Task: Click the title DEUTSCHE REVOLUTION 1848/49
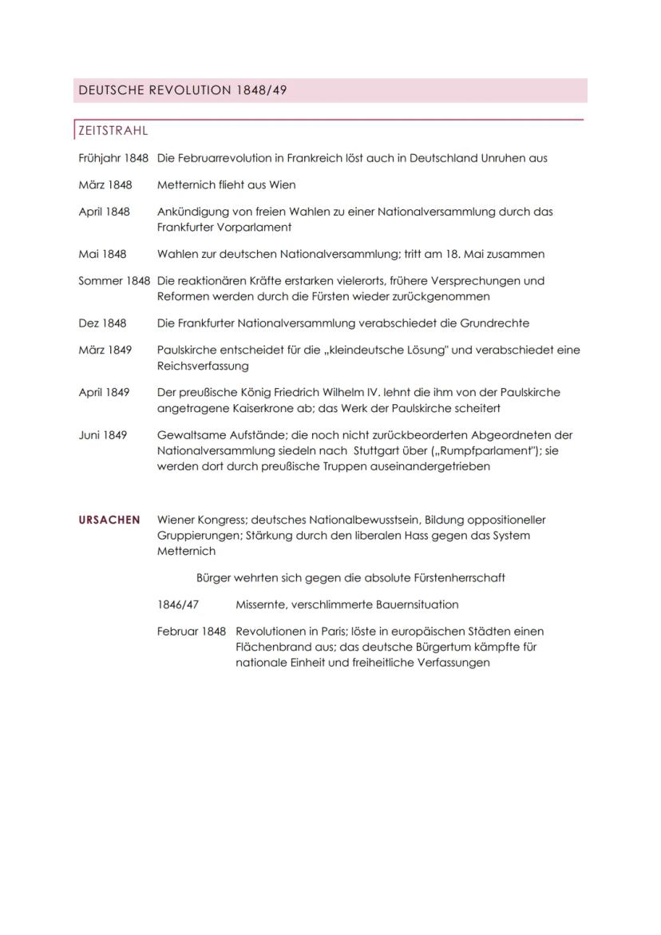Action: (182, 91)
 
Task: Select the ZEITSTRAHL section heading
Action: (113, 130)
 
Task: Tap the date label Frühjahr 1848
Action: (113, 158)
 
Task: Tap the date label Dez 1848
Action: (103, 323)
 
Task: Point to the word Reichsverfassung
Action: (203, 366)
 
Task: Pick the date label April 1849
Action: (104, 393)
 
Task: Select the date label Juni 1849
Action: (102, 435)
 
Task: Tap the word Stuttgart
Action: (379, 450)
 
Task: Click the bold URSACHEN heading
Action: (109, 520)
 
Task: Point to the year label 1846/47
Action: (178, 604)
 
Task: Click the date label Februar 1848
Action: (192, 632)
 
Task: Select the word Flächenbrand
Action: (271, 647)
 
